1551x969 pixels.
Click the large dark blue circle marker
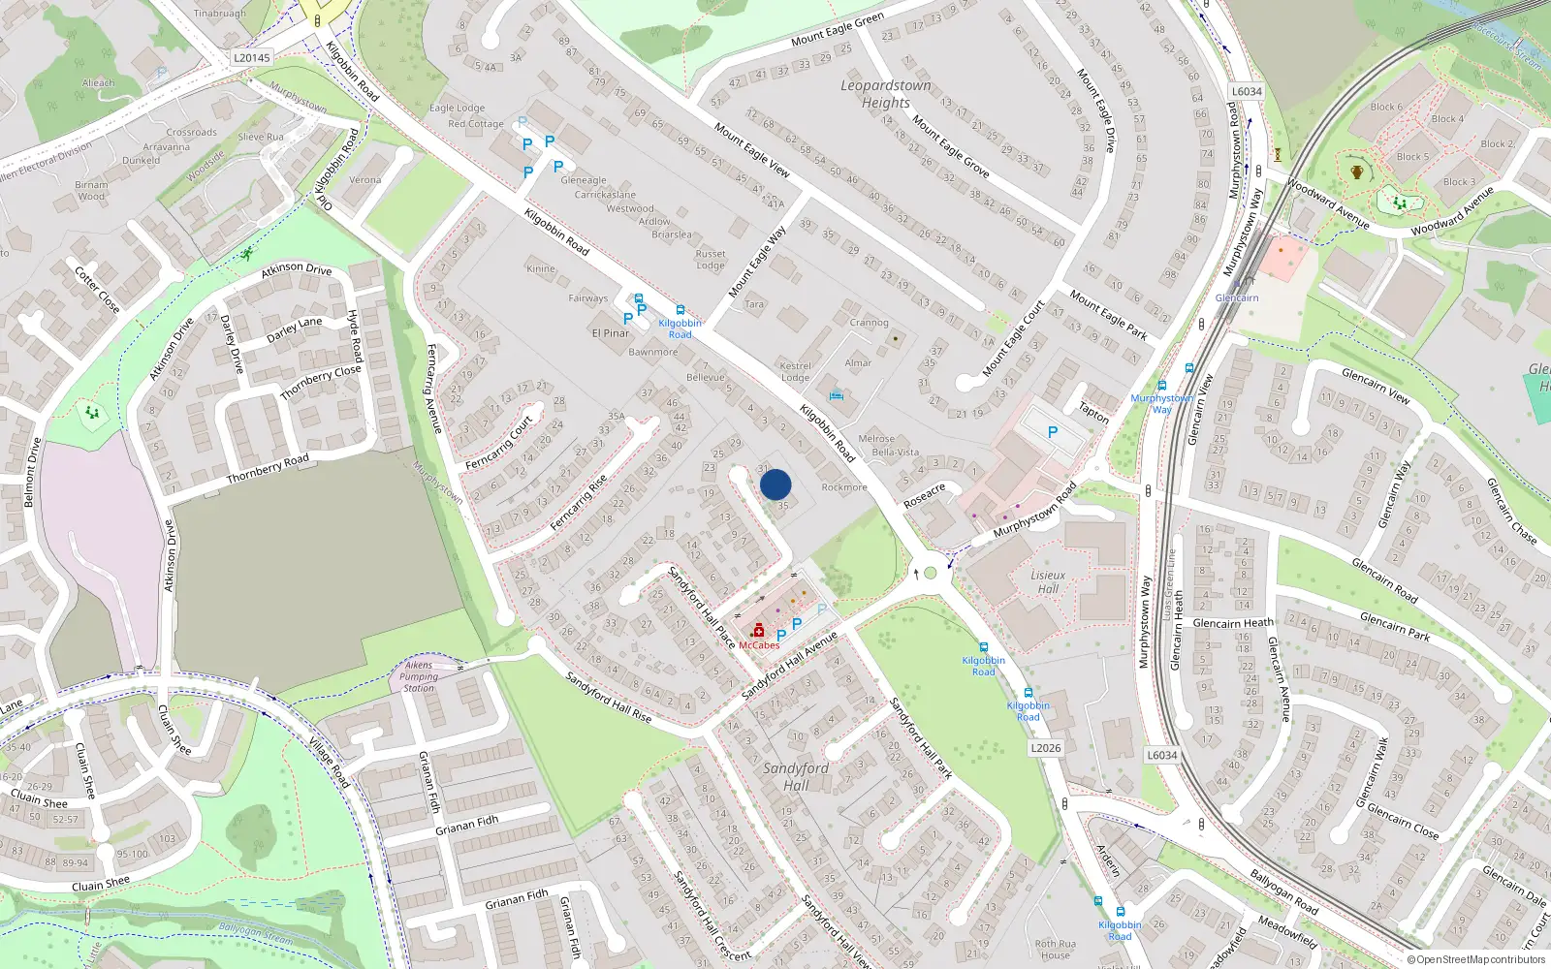(x=775, y=484)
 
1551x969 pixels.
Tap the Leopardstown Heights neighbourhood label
(x=885, y=94)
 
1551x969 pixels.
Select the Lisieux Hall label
(x=1048, y=581)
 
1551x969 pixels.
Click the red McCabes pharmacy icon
(x=758, y=631)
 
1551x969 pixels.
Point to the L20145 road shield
(x=252, y=58)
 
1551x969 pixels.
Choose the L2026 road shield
(x=1045, y=748)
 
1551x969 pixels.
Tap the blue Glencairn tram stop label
(x=1237, y=298)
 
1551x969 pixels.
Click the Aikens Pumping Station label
(x=419, y=676)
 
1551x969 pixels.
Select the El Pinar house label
(x=611, y=333)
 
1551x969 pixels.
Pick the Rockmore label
(x=844, y=487)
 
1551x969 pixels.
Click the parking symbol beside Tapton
(x=1053, y=432)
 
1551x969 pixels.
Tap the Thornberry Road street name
(x=268, y=469)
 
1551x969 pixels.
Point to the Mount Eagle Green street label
(x=838, y=30)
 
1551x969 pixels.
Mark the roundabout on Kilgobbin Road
(x=931, y=573)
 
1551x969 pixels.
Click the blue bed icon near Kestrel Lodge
(x=837, y=394)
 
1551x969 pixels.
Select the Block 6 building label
(x=1386, y=107)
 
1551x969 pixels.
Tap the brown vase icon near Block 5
(x=1357, y=172)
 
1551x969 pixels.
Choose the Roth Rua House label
(x=1055, y=949)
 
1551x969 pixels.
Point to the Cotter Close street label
(x=98, y=290)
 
